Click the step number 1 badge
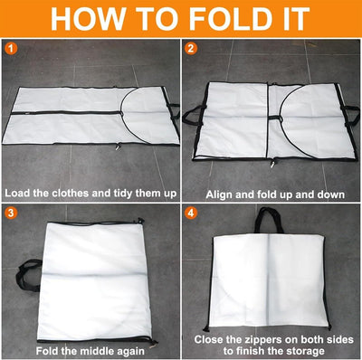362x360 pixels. click(10, 46)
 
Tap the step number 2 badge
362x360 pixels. click(191, 46)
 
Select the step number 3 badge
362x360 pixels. click(10, 214)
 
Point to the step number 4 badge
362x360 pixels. click(191, 214)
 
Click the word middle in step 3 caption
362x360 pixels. click(100, 349)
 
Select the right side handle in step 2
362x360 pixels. click(351, 113)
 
